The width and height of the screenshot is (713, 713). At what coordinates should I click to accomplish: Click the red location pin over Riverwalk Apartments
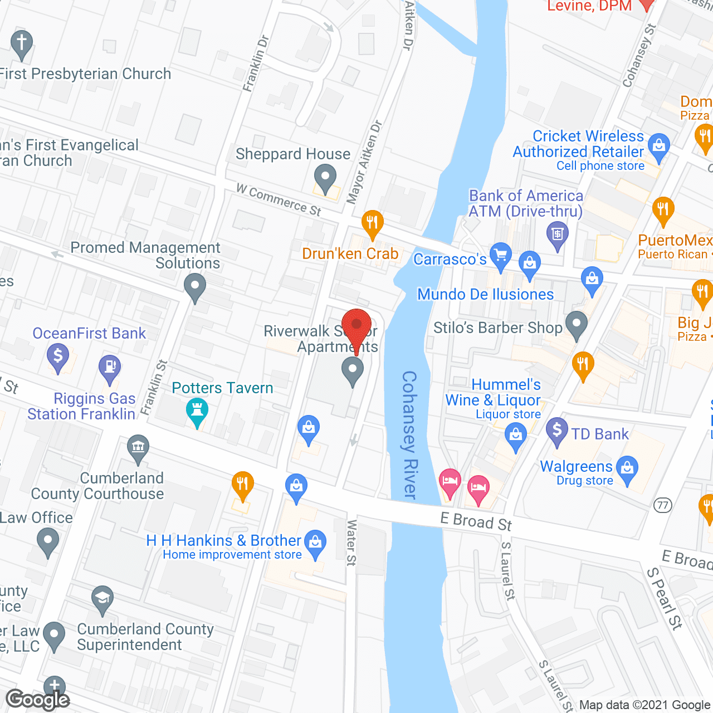click(356, 326)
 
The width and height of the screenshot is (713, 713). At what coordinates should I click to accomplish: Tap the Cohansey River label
click(410, 434)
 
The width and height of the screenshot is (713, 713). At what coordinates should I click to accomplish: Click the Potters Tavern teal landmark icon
click(197, 411)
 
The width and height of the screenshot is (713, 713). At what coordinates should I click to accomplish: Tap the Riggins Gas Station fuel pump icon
click(109, 368)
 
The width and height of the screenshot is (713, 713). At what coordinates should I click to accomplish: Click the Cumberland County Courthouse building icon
click(138, 448)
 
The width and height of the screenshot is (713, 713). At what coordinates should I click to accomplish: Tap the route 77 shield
click(662, 505)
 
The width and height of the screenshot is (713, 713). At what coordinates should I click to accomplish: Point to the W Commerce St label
click(279, 199)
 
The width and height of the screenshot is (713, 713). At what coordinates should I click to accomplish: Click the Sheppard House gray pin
click(325, 179)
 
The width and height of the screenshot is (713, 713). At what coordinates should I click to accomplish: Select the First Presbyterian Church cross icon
click(21, 43)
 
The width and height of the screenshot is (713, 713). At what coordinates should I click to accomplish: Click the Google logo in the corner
click(38, 699)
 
